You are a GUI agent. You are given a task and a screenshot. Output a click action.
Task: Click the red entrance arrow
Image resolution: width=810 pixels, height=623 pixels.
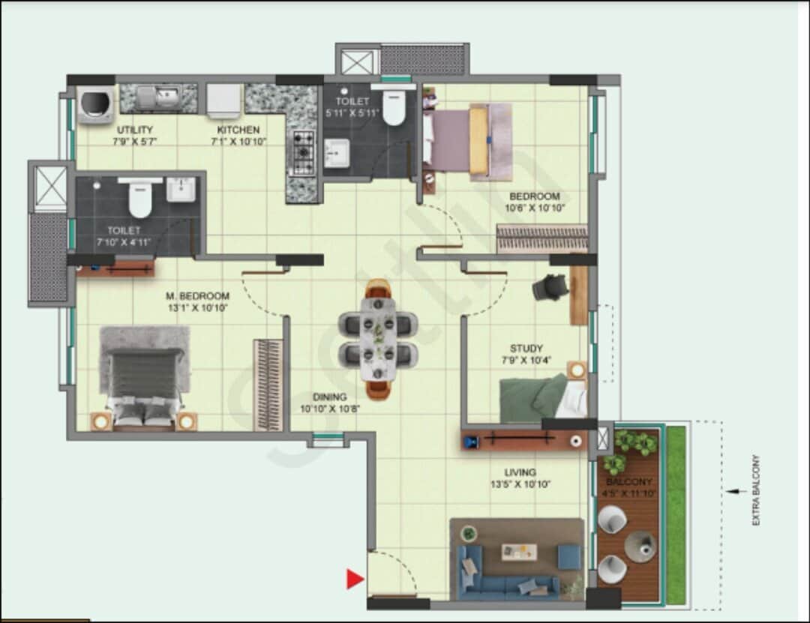coord(355,578)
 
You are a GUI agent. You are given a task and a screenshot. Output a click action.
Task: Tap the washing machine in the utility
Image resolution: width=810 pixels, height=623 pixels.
coord(96,104)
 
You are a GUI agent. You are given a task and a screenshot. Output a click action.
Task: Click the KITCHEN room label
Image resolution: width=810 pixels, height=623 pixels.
coord(234,130)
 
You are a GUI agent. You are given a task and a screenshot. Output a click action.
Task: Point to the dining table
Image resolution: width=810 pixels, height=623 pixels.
coord(379,337)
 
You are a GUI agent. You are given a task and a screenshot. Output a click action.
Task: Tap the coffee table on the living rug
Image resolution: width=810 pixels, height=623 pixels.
coord(519,553)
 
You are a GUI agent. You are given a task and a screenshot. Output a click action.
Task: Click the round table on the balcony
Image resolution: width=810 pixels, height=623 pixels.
coord(640,547)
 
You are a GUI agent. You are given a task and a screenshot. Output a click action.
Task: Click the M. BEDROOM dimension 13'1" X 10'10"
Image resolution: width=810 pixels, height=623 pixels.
coord(197,307)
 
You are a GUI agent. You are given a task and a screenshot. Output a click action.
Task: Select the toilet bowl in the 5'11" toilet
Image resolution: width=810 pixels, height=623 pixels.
coord(393,109)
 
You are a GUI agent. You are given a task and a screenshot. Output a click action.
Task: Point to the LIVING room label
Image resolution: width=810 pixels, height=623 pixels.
coord(520,472)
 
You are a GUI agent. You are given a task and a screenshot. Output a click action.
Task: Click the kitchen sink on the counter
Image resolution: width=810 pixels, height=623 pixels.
coord(166,96)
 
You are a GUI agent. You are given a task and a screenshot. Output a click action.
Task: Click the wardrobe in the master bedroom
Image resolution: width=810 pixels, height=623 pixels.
coord(268,385)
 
